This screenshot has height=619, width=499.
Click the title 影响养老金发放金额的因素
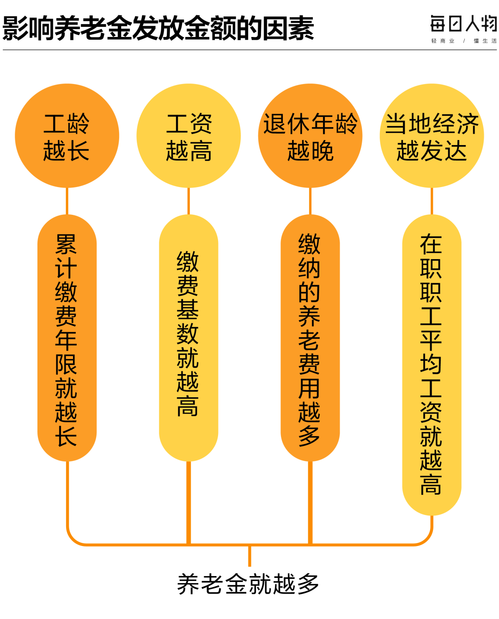[158, 28]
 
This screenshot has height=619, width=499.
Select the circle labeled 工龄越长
[67, 136]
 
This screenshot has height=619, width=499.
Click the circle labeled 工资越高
[189, 136]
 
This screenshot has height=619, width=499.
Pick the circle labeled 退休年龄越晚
[310, 136]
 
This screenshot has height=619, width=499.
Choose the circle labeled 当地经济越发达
[432, 136]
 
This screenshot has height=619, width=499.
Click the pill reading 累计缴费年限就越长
[67, 338]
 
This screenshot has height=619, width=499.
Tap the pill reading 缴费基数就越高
[189, 338]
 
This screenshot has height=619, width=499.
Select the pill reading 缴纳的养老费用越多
[310, 338]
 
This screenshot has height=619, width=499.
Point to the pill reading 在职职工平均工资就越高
[432, 365]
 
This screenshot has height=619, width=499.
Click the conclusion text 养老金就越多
[248, 584]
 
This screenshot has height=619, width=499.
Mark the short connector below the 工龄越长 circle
[67, 201]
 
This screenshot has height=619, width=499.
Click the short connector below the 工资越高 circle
[189, 201]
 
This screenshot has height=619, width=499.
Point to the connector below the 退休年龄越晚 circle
[310, 201]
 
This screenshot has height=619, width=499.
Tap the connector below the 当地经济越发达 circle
[432, 201]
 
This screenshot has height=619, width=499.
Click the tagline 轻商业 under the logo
[443, 41]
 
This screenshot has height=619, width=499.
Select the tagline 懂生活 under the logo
[485, 41]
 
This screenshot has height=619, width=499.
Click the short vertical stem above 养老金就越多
[249, 556]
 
